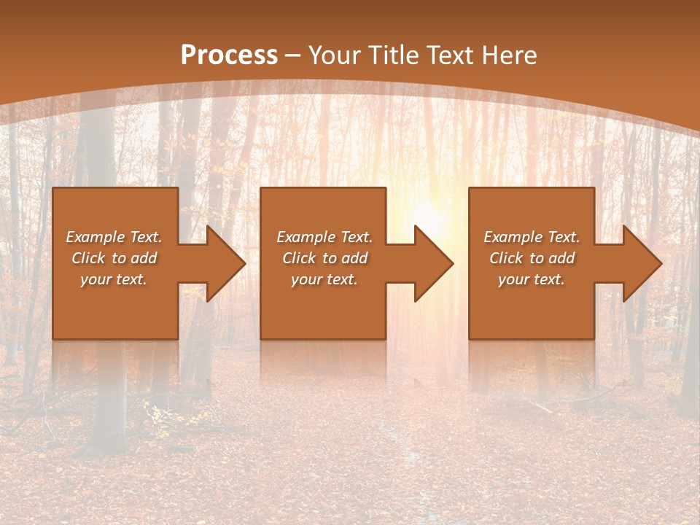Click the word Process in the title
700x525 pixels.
point(229,55)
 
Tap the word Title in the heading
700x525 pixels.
point(394,55)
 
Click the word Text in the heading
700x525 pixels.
point(450,55)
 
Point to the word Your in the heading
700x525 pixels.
point(335,55)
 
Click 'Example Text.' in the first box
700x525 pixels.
point(114,237)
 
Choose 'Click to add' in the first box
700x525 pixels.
point(114,258)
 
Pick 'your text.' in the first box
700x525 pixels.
point(114,279)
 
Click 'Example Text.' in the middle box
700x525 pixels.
point(324,237)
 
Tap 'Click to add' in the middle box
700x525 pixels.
point(324,258)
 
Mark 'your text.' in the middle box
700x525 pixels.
point(324,279)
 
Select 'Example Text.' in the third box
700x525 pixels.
point(532,237)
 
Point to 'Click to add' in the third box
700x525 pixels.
point(532,258)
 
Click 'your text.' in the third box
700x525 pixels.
point(532,279)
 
